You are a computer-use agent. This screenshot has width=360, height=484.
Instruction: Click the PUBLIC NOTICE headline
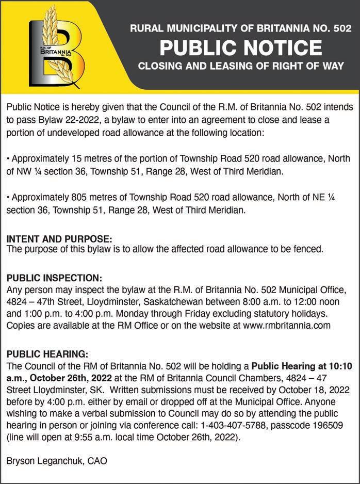tap(240, 48)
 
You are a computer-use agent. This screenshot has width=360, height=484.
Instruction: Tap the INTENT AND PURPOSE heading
tap(59, 239)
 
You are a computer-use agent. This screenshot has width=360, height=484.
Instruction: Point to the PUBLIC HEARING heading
tap(47, 354)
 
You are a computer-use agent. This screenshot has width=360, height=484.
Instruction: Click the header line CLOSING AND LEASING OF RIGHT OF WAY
tap(240, 67)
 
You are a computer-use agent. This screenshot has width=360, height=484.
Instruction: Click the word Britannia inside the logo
tap(52, 52)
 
